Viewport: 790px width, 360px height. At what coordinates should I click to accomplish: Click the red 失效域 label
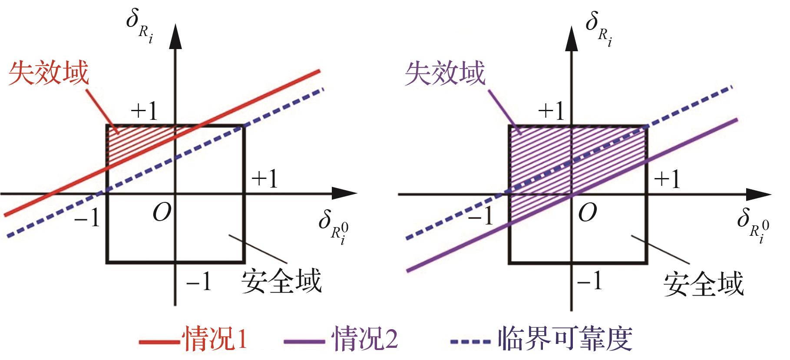pyautogui.click(x=49, y=73)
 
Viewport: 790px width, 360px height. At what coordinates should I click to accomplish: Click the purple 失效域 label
pyautogui.click(x=445, y=73)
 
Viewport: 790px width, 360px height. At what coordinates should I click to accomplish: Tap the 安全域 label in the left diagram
pyautogui.click(x=281, y=281)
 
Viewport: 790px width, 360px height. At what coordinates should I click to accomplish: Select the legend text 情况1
pyautogui.click(x=216, y=338)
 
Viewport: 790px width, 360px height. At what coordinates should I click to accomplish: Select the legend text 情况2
pyautogui.click(x=365, y=338)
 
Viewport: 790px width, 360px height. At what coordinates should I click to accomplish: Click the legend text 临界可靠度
pyautogui.click(x=565, y=338)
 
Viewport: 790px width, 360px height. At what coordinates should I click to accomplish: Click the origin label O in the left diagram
pyautogui.click(x=162, y=213)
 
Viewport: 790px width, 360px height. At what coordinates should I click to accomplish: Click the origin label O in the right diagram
pyautogui.click(x=587, y=213)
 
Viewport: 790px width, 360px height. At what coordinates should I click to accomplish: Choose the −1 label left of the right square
pyautogui.click(x=481, y=215)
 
